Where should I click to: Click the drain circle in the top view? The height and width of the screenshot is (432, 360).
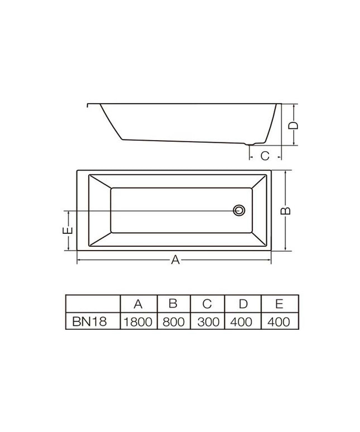point(239,210)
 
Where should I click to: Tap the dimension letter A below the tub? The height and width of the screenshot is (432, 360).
point(175,260)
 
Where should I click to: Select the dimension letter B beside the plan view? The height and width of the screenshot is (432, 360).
point(285,210)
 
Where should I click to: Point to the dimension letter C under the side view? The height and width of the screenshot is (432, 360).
point(265,156)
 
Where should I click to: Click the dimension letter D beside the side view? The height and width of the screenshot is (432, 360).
point(293,126)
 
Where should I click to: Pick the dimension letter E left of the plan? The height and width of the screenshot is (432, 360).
point(68,231)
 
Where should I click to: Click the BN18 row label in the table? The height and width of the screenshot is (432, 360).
point(89,321)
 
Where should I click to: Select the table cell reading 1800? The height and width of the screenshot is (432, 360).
point(138,322)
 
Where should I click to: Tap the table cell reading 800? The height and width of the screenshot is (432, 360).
point(174,322)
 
